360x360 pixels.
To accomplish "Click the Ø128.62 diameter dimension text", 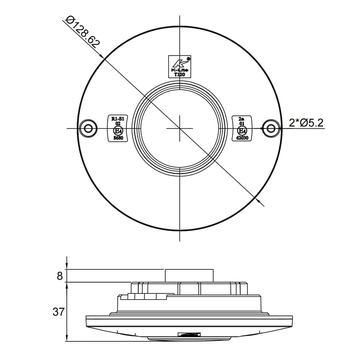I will tap(83, 32).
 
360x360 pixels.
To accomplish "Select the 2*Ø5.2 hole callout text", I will tap(306, 123).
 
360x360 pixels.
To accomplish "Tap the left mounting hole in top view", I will tap(88, 128).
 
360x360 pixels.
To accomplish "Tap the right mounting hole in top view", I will tap(271, 128).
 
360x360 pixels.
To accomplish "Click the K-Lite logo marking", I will tap(180, 63).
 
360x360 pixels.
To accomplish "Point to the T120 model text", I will tap(180, 74).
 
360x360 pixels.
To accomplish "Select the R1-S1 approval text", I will tap(118, 118).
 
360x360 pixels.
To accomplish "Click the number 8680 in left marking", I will tap(118, 138).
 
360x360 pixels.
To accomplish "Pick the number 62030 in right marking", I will tap(242, 138).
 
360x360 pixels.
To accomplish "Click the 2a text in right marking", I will tap(242, 119).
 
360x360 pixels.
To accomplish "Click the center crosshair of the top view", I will tap(180, 128).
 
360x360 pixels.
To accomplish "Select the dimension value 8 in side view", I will tap(60, 276).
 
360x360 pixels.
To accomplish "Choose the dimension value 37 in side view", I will tap(58, 312).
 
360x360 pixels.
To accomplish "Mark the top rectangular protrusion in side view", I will tap(189, 276).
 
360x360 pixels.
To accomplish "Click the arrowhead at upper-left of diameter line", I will tap(102, 56).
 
